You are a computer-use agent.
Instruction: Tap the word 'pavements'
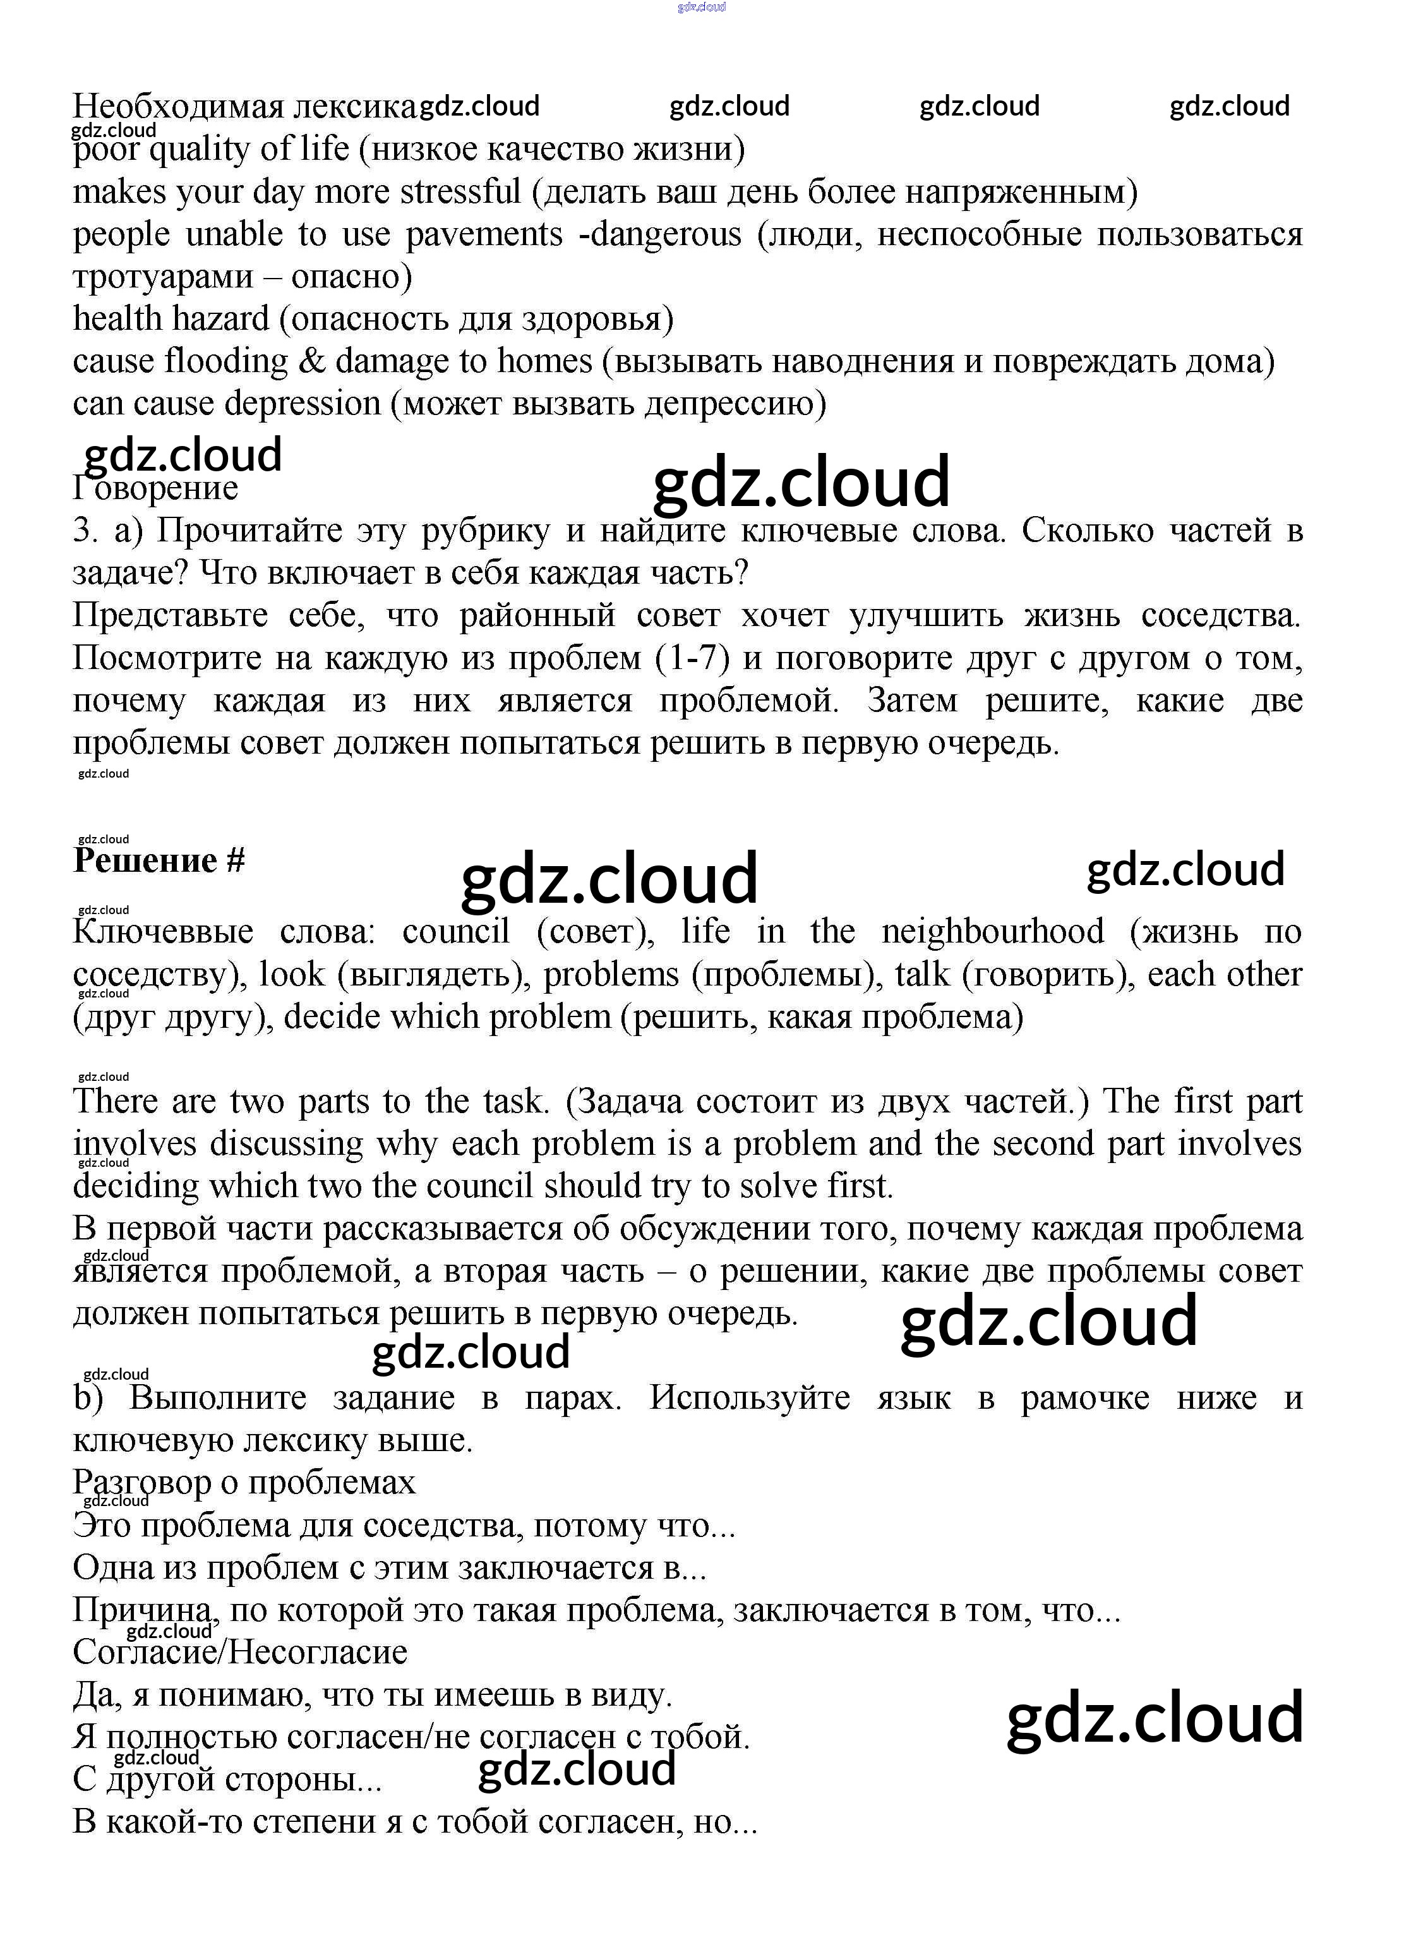(x=484, y=234)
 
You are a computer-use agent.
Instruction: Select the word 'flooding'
(x=226, y=362)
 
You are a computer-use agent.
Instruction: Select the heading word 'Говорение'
(x=155, y=489)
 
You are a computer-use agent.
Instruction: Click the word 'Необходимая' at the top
(x=177, y=107)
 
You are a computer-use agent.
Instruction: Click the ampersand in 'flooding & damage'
(x=311, y=362)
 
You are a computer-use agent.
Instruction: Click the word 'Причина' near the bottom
(x=141, y=1610)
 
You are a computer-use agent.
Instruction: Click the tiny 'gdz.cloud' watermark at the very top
(x=701, y=7)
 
